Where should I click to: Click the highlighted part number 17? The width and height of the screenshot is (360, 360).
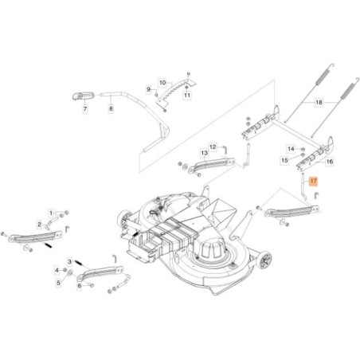[313, 182]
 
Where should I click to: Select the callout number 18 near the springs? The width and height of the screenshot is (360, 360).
[319, 103]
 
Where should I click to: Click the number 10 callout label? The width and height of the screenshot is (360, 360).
[162, 82]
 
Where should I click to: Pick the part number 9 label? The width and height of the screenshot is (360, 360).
[147, 89]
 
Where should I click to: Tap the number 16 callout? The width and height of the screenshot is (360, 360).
[331, 161]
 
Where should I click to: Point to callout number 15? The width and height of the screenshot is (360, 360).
[284, 160]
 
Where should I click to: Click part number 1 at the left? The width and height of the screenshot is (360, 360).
[52, 213]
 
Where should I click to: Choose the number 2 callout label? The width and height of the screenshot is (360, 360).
[39, 225]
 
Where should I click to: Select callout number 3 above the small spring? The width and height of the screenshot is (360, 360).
[69, 261]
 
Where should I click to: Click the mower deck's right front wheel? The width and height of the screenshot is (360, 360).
[267, 261]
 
